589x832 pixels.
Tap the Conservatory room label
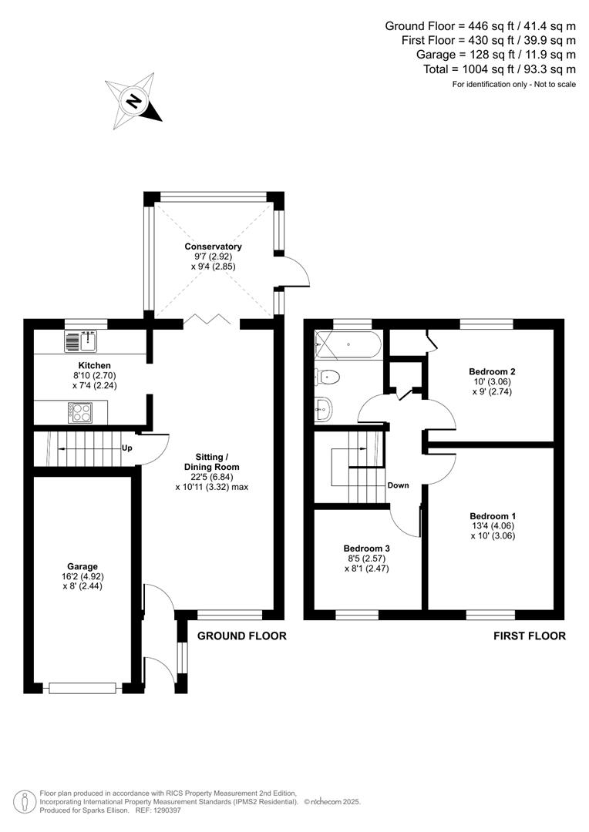pos(213,247)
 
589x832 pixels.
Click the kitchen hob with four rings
pos(80,413)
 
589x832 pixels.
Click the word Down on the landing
pos(398,485)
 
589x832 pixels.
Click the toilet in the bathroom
pos(328,377)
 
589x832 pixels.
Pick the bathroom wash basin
pos(324,409)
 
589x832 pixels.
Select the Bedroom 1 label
pos(493,516)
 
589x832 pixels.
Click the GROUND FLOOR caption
pos(242,636)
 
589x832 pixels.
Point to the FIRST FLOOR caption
pos(530,636)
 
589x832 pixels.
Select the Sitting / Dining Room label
pos(211,467)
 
